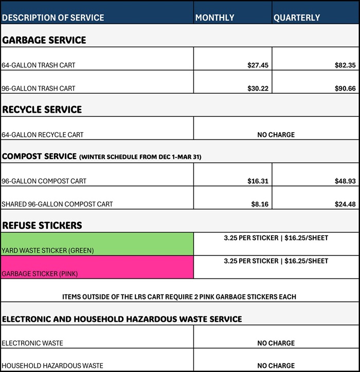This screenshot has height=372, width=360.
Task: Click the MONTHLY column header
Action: click(x=214, y=17)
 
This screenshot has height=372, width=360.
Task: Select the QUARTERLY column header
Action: click(x=297, y=17)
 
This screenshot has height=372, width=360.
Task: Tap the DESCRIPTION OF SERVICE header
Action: click(x=53, y=17)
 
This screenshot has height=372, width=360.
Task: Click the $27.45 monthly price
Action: click(x=258, y=65)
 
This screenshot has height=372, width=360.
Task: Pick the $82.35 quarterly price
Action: click(x=345, y=65)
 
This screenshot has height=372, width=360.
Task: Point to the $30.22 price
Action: click(x=258, y=88)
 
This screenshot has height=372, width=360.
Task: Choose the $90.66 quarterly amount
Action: click(x=345, y=88)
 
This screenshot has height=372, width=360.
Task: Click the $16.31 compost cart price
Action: click(x=258, y=181)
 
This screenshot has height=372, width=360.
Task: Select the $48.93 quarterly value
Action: click(x=345, y=181)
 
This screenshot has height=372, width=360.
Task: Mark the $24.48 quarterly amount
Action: click(x=345, y=204)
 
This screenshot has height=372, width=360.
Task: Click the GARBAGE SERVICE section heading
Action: click(x=44, y=40)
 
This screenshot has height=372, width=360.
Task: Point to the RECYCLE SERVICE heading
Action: click(x=42, y=110)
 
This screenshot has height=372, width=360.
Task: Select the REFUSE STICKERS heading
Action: click(x=42, y=225)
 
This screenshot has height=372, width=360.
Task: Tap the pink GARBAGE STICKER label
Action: click(x=40, y=274)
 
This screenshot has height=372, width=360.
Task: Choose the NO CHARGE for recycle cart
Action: click(x=276, y=135)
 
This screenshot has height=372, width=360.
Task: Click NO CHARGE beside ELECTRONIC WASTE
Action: click(x=276, y=343)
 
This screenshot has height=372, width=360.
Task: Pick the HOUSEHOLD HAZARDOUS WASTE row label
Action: click(x=52, y=366)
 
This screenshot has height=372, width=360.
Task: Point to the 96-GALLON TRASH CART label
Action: click(x=39, y=88)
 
